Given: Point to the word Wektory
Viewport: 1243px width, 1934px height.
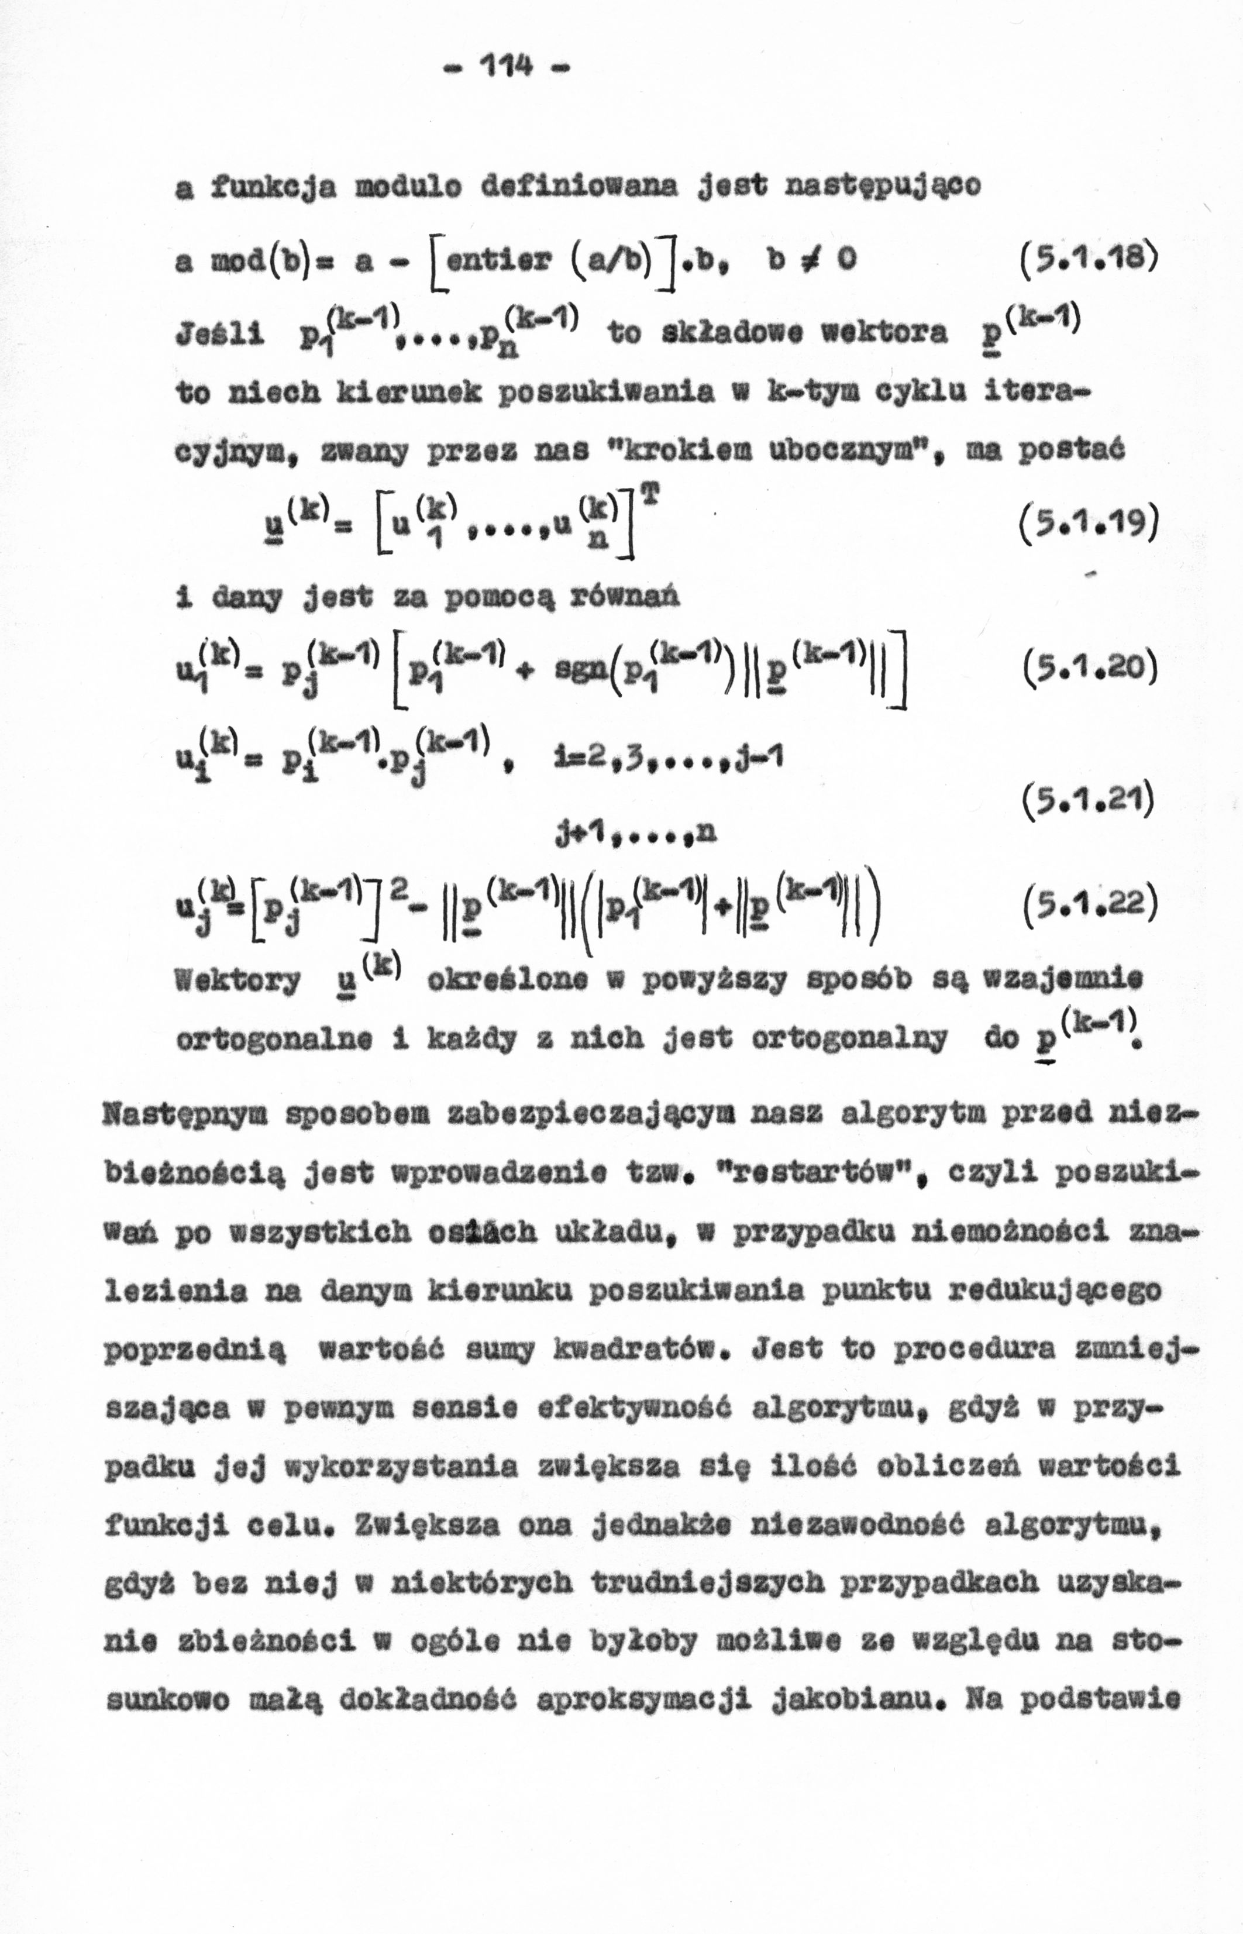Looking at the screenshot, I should pyautogui.click(x=238, y=982).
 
